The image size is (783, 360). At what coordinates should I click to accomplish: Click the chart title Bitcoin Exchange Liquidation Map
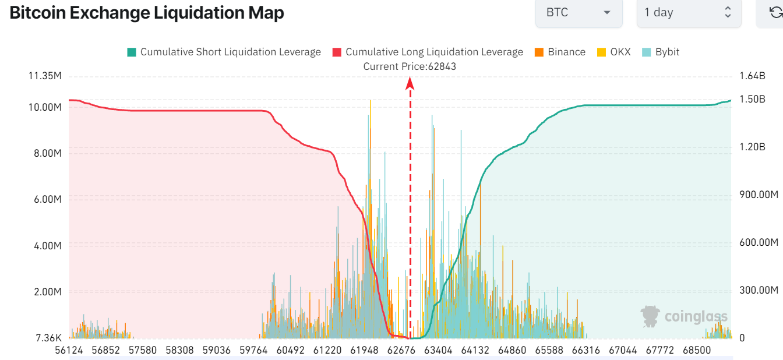(x=147, y=13)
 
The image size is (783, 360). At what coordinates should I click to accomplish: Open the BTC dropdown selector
(x=579, y=12)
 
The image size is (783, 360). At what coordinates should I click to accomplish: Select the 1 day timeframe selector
(x=688, y=12)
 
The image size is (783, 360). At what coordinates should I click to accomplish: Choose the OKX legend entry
(x=615, y=52)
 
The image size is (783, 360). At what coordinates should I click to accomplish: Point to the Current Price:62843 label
(x=410, y=66)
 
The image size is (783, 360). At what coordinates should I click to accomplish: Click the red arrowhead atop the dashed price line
(x=410, y=84)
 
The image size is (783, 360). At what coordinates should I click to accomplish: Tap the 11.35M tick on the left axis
(x=44, y=76)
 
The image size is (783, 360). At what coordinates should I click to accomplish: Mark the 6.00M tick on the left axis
(x=48, y=199)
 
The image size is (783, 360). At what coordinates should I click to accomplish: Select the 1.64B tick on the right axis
(x=752, y=76)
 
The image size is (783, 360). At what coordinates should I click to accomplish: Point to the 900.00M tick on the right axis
(x=759, y=195)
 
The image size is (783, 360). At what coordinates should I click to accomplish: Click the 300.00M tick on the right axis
(x=759, y=290)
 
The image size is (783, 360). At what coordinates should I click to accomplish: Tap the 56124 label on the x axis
(x=69, y=350)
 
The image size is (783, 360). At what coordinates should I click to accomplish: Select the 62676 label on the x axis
(x=401, y=350)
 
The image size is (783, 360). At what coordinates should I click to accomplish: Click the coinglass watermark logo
(x=685, y=316)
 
